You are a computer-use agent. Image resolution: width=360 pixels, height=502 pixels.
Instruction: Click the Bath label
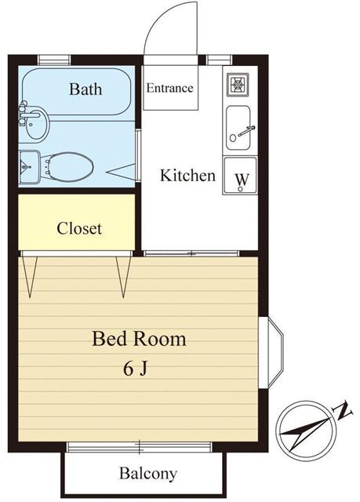tap(85, 89)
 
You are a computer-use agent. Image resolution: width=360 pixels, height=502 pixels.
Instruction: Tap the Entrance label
tap(169, 88)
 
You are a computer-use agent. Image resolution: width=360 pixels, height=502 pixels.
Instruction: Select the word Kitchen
tap(187, 175)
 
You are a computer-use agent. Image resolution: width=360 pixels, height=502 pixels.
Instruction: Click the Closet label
tap(79, 229)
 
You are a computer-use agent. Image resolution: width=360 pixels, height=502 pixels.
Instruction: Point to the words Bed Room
tap(139, 340)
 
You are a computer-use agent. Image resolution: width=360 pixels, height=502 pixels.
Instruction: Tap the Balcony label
tap(147, 474)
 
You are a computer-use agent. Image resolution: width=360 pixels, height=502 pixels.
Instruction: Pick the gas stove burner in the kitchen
tap(239, 83)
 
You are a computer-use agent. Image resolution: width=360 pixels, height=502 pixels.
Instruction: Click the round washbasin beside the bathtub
tap(36, 122)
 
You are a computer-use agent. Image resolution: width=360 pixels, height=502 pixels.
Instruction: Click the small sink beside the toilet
tap(29, 166)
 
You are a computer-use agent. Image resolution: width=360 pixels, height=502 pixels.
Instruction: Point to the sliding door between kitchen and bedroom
tap(190, 253)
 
